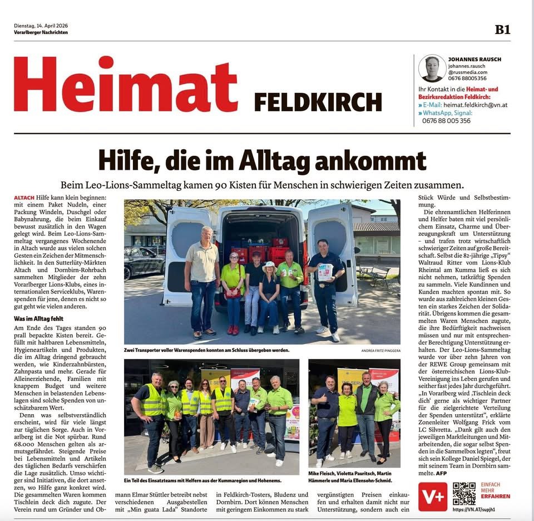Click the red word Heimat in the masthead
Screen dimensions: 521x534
[126, 85]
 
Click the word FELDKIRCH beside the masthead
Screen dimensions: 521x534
[318, 102]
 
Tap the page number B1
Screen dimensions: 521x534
[502, 30]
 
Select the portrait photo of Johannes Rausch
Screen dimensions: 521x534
[432, 68]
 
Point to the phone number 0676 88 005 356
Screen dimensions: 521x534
[446, 120]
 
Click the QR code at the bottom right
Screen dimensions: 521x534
[463, 494]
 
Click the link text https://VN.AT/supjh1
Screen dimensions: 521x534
[474, 509]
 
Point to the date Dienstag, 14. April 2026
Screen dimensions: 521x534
[41, 26]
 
